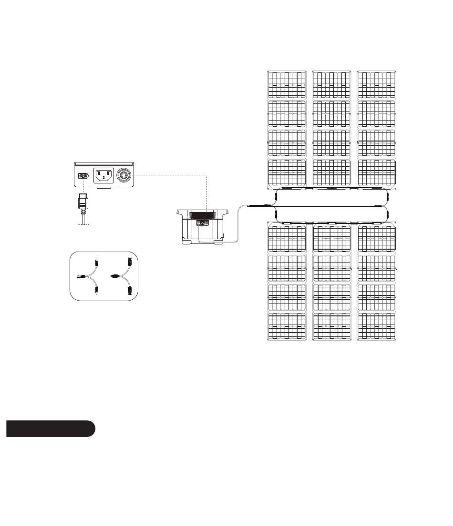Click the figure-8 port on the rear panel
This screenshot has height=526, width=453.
tap(83, 176)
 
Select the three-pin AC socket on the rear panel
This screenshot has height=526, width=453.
tap(103, 176)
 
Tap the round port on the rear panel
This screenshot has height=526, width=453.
tap(125, 175)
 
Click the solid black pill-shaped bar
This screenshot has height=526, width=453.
tap(51, 428)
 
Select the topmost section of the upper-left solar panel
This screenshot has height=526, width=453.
tap(286, 84)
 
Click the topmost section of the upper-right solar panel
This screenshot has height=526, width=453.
tap(376, 84)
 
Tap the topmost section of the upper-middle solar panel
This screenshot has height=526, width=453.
tap(331, 84)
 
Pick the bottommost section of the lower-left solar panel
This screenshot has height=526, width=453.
tap(286, 326)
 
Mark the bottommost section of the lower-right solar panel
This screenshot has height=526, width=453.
tap(376, 326)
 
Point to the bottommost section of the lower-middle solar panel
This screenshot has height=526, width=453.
tap(331, 326)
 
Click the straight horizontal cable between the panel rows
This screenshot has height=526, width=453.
tap(329, 206)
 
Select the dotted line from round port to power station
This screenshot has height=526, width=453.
tap(206, 191)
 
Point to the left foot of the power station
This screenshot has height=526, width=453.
tap(184, 243)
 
